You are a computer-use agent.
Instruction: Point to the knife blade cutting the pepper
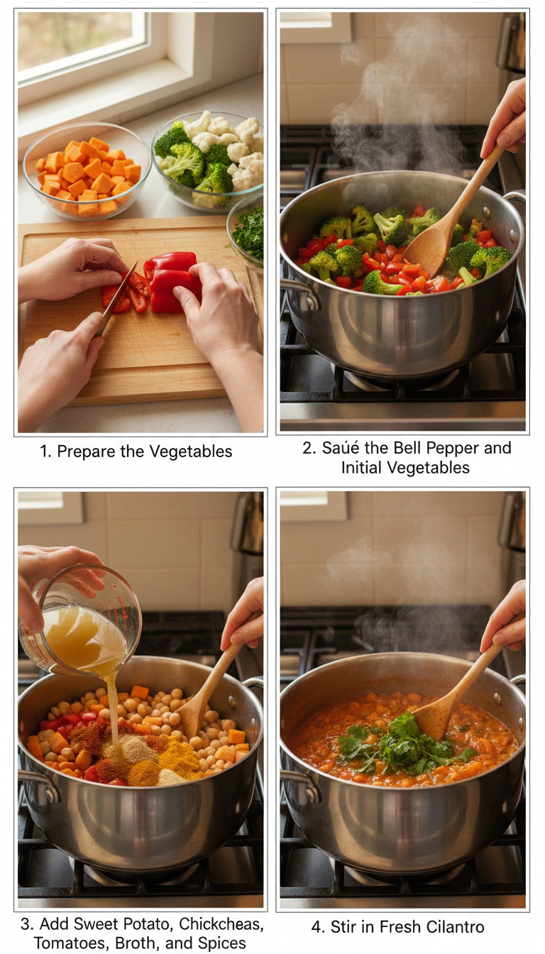pyautogui.click(x=118, y=297)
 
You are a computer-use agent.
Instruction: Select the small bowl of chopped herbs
pyautogui.click(x=248, y=231)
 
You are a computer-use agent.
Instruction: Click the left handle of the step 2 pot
pyautogui.click(x=299, y=292)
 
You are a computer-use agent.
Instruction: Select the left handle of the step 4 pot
pyautogui.click(x=299, y=782)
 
